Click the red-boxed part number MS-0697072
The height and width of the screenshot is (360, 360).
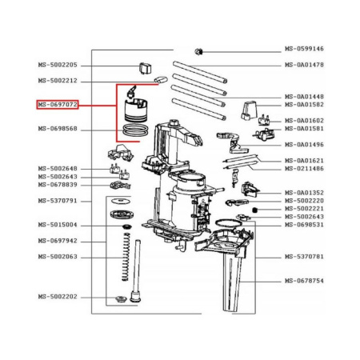(x=57, y=105)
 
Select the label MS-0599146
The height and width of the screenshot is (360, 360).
(x=304, y=49)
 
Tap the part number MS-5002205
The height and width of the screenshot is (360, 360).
(x=57, y=65)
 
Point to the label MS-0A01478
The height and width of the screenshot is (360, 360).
(x=304, y=65)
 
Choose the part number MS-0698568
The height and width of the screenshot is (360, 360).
(x=57, y=129)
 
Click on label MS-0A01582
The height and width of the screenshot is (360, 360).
(x=304, y=105)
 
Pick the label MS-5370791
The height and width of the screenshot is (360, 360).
(x=57, y=200)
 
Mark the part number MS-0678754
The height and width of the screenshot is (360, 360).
(x=304, y=281)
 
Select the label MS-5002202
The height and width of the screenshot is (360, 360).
(x=57, y=297)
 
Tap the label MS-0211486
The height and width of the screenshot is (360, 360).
(x=304, y=169)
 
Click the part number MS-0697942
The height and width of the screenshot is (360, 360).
(x=57, y=240)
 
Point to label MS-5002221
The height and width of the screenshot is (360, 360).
(x=304, y=209)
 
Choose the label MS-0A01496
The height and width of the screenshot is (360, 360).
(x=304, y=145)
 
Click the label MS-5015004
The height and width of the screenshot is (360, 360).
(x=57, y=225)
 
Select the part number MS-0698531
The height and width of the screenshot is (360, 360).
(x=304, y=225)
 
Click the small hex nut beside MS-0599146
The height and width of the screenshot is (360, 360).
(x=200, y=51)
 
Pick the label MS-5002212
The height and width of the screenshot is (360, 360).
(x=57, y=81)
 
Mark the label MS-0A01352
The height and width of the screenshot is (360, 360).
(x=304, y=193)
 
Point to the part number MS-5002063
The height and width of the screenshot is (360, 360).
(x=57, y=257)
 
